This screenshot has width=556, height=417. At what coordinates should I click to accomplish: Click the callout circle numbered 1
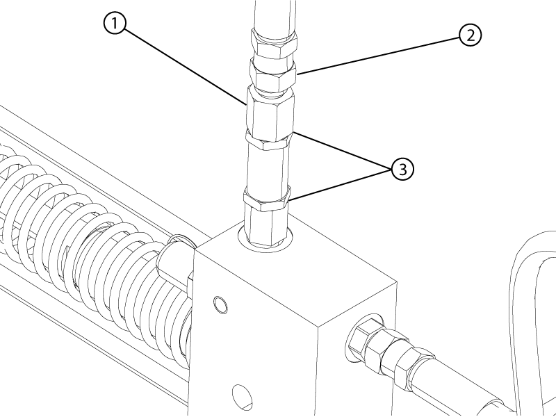115,24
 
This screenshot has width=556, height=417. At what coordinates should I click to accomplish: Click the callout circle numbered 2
471,35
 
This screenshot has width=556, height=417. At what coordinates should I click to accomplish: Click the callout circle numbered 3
402,169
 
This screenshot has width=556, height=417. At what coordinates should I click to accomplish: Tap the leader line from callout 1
185,67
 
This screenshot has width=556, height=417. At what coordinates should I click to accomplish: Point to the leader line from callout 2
378,56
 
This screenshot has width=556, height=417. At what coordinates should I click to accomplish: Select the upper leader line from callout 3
342,150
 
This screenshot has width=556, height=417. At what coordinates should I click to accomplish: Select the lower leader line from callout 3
340,186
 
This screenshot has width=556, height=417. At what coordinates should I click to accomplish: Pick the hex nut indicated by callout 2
272,75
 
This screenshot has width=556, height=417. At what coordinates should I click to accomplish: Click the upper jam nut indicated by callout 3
269,141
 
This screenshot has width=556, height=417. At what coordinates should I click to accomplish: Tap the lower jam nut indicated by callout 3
267,199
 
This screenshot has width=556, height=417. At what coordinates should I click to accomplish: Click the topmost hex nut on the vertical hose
274,44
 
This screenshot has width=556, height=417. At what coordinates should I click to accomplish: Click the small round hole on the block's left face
220,305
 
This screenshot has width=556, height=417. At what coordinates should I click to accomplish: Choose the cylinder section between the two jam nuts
268,168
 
